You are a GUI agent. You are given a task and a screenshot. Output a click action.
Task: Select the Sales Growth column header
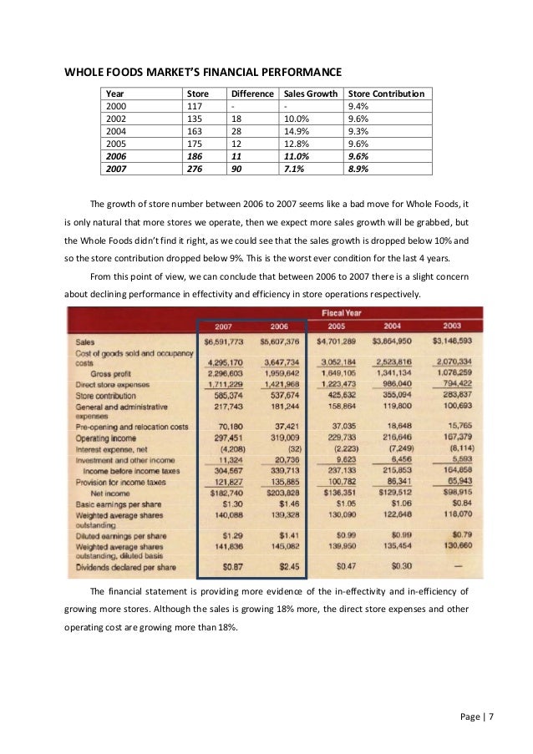(x=309, y=94)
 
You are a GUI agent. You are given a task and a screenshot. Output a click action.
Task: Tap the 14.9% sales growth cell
(x=297, y=131)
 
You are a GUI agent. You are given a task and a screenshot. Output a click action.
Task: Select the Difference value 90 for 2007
(x=236, y=168)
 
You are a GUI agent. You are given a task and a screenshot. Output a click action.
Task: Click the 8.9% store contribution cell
(x=357, y=168)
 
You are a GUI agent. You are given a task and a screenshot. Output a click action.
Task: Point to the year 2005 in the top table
(x=116, y=144)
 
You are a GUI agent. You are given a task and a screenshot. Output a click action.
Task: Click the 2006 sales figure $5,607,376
(x=280, y=342)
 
